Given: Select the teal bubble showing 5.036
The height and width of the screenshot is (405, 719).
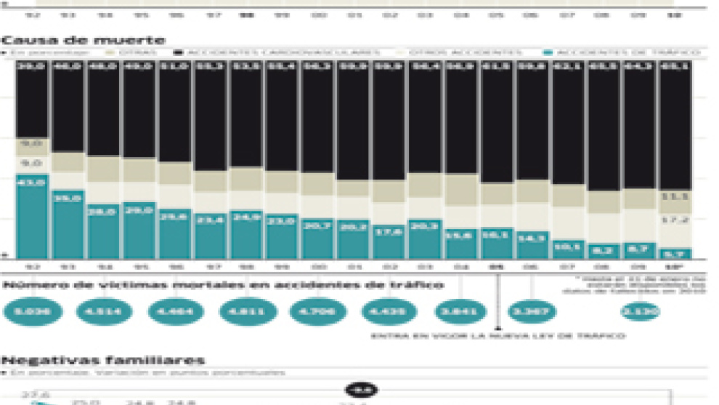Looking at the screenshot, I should (x=33, y=312).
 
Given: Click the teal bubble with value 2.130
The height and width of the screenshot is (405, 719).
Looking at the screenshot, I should (x=641, y=312).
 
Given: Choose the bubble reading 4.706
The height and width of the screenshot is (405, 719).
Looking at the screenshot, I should (x=318, y=312).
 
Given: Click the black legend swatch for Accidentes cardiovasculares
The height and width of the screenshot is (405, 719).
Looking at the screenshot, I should (x=179, y=53).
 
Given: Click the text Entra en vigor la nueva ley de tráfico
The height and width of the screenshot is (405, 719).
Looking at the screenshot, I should (x=497, y=336).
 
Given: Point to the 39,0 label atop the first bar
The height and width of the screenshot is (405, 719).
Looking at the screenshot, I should (x=33, y=67).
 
